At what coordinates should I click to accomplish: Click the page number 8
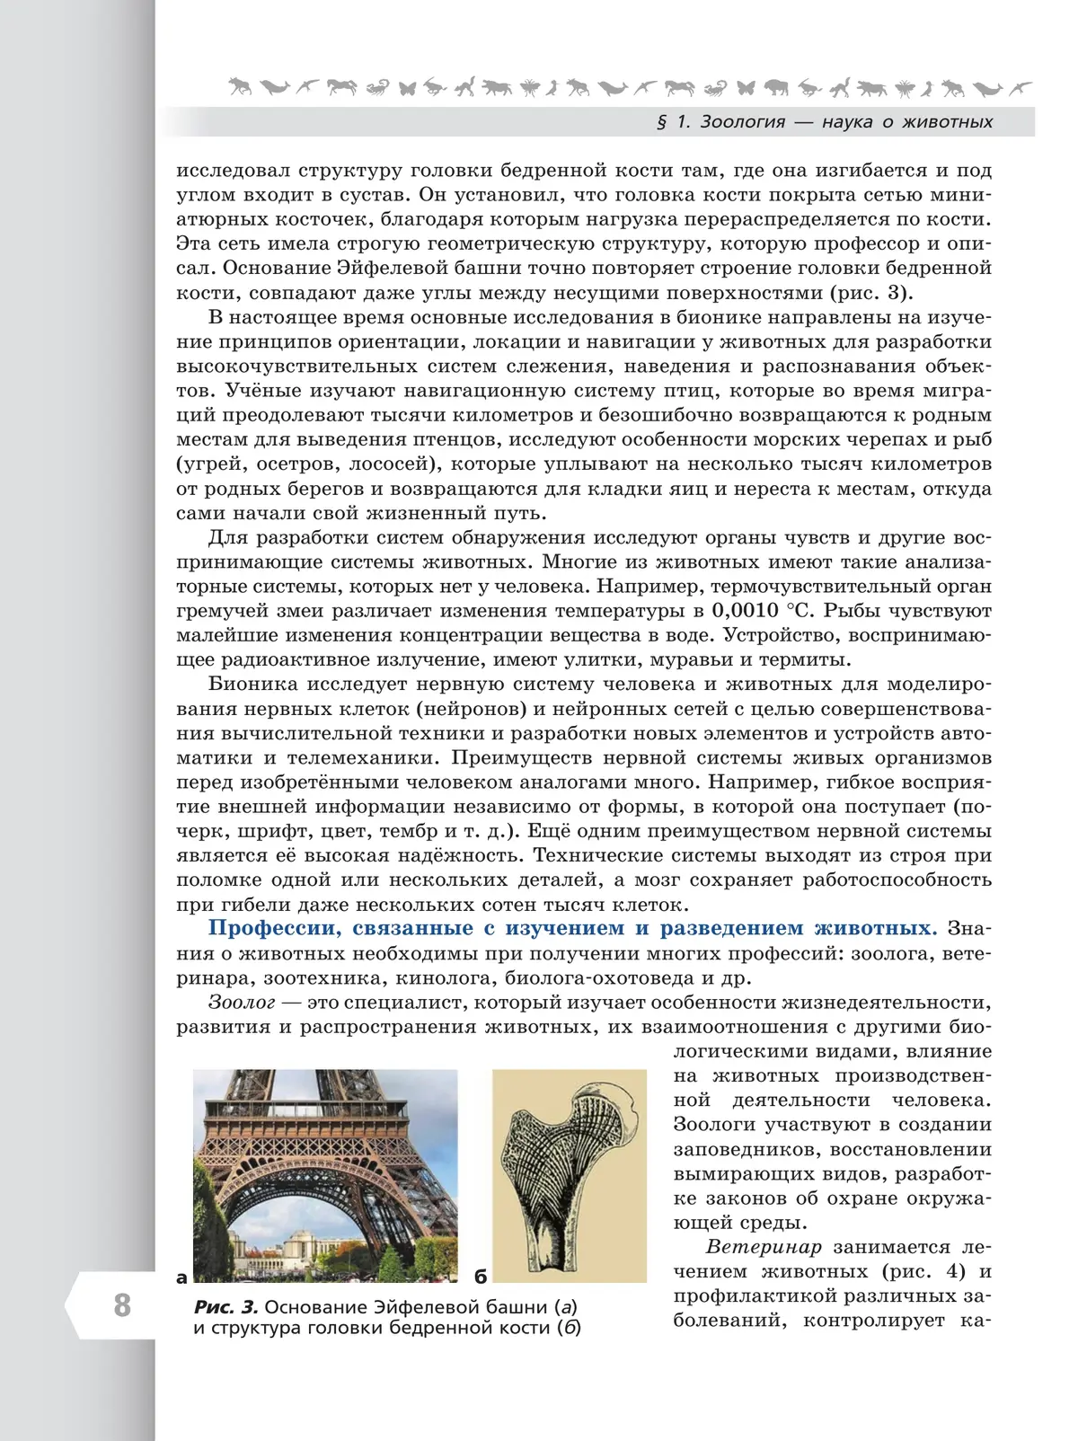point(122,1304)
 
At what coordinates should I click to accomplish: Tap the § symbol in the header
point(662,122)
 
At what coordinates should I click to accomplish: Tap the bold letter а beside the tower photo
point(182,1277)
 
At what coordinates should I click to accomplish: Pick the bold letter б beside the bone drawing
point(481,1277)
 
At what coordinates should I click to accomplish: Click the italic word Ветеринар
point(764,1247)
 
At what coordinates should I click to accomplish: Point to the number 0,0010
point(745,611)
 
